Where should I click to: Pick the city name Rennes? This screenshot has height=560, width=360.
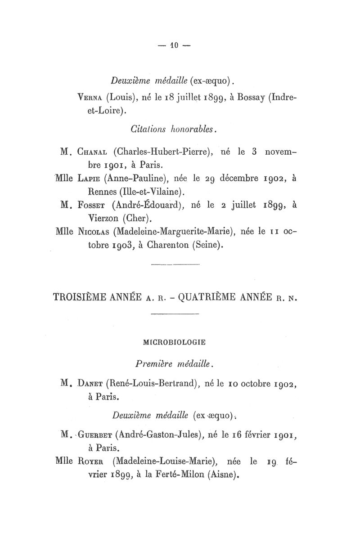103,192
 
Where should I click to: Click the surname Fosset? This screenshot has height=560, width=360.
94,206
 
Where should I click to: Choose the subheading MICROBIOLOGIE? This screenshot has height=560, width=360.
174,342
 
